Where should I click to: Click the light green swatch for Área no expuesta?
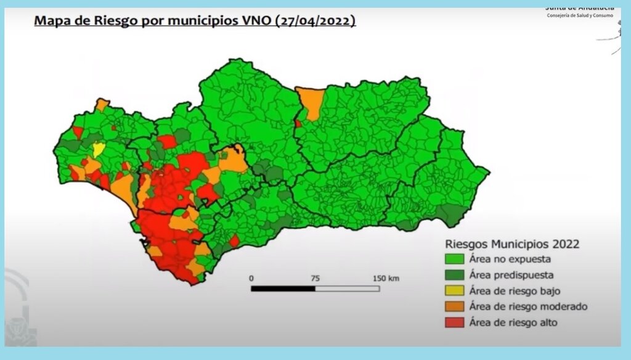coord(454,259)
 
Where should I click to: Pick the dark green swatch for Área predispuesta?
coord(454,275)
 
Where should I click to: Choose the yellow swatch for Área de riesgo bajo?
coord(454,291)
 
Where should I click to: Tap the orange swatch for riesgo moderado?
coord(454,306)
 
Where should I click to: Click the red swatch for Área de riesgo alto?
coord(454,322)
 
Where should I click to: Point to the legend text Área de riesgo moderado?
coord(527,306)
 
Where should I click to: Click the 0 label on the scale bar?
coord(251,279)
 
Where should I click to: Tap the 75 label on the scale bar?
coord(315,279)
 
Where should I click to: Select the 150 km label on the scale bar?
coord(386,279)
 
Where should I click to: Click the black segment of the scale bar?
coord(283,288)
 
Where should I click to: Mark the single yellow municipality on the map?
coord(99,149)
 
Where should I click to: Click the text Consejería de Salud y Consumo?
coord(580,15)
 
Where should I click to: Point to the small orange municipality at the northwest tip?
coord(102,104)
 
